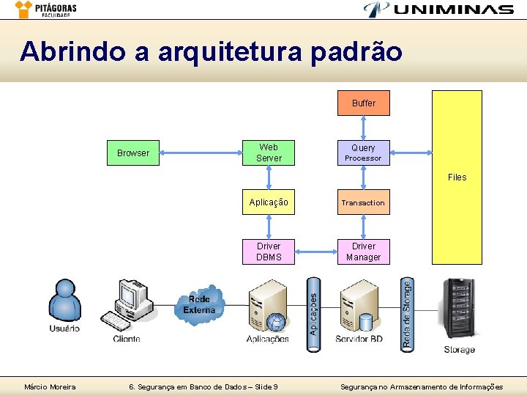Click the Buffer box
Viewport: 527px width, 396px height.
363,103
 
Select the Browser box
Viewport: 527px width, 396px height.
133,153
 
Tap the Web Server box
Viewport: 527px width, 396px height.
269,153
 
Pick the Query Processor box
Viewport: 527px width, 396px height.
363,153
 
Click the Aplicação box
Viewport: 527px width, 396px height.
269,202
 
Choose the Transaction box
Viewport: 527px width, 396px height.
363,202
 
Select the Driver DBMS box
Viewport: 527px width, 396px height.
269,252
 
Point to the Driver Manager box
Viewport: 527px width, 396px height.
363,252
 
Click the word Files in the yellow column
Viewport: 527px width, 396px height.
457,177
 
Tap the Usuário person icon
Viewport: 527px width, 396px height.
64,301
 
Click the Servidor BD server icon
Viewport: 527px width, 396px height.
359,307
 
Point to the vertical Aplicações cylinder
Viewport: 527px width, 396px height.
314,315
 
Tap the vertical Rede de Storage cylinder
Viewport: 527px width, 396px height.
407,315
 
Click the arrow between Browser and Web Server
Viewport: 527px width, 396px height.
201,153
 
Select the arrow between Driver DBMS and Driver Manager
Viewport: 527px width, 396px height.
315,252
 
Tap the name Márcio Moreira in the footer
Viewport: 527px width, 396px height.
51,386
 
